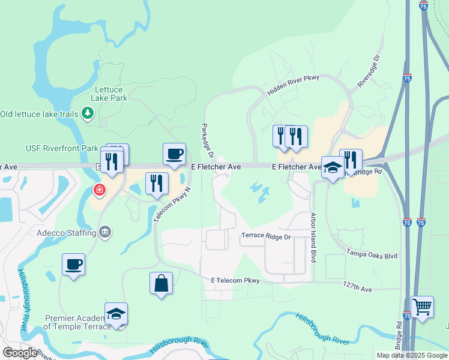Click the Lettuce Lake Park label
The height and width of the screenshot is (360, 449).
tap(109, 93)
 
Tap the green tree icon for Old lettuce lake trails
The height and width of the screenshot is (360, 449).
tap(88, 113)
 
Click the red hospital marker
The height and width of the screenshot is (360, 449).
tap(98, 191)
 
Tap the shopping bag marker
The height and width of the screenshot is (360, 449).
tap(161, 283)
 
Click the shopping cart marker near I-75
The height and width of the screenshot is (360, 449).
tap(423, 307)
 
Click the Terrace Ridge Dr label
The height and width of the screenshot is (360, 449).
tap(266, 236)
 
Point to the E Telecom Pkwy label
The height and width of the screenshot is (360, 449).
tap(235, 280)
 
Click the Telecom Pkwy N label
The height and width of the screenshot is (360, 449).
tap(172, 205)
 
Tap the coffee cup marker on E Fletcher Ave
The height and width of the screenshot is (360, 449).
tap(174, 154)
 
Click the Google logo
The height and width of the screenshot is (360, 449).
tap(19, 353)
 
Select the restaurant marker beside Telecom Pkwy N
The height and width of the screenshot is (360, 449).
tap(157, 184)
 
